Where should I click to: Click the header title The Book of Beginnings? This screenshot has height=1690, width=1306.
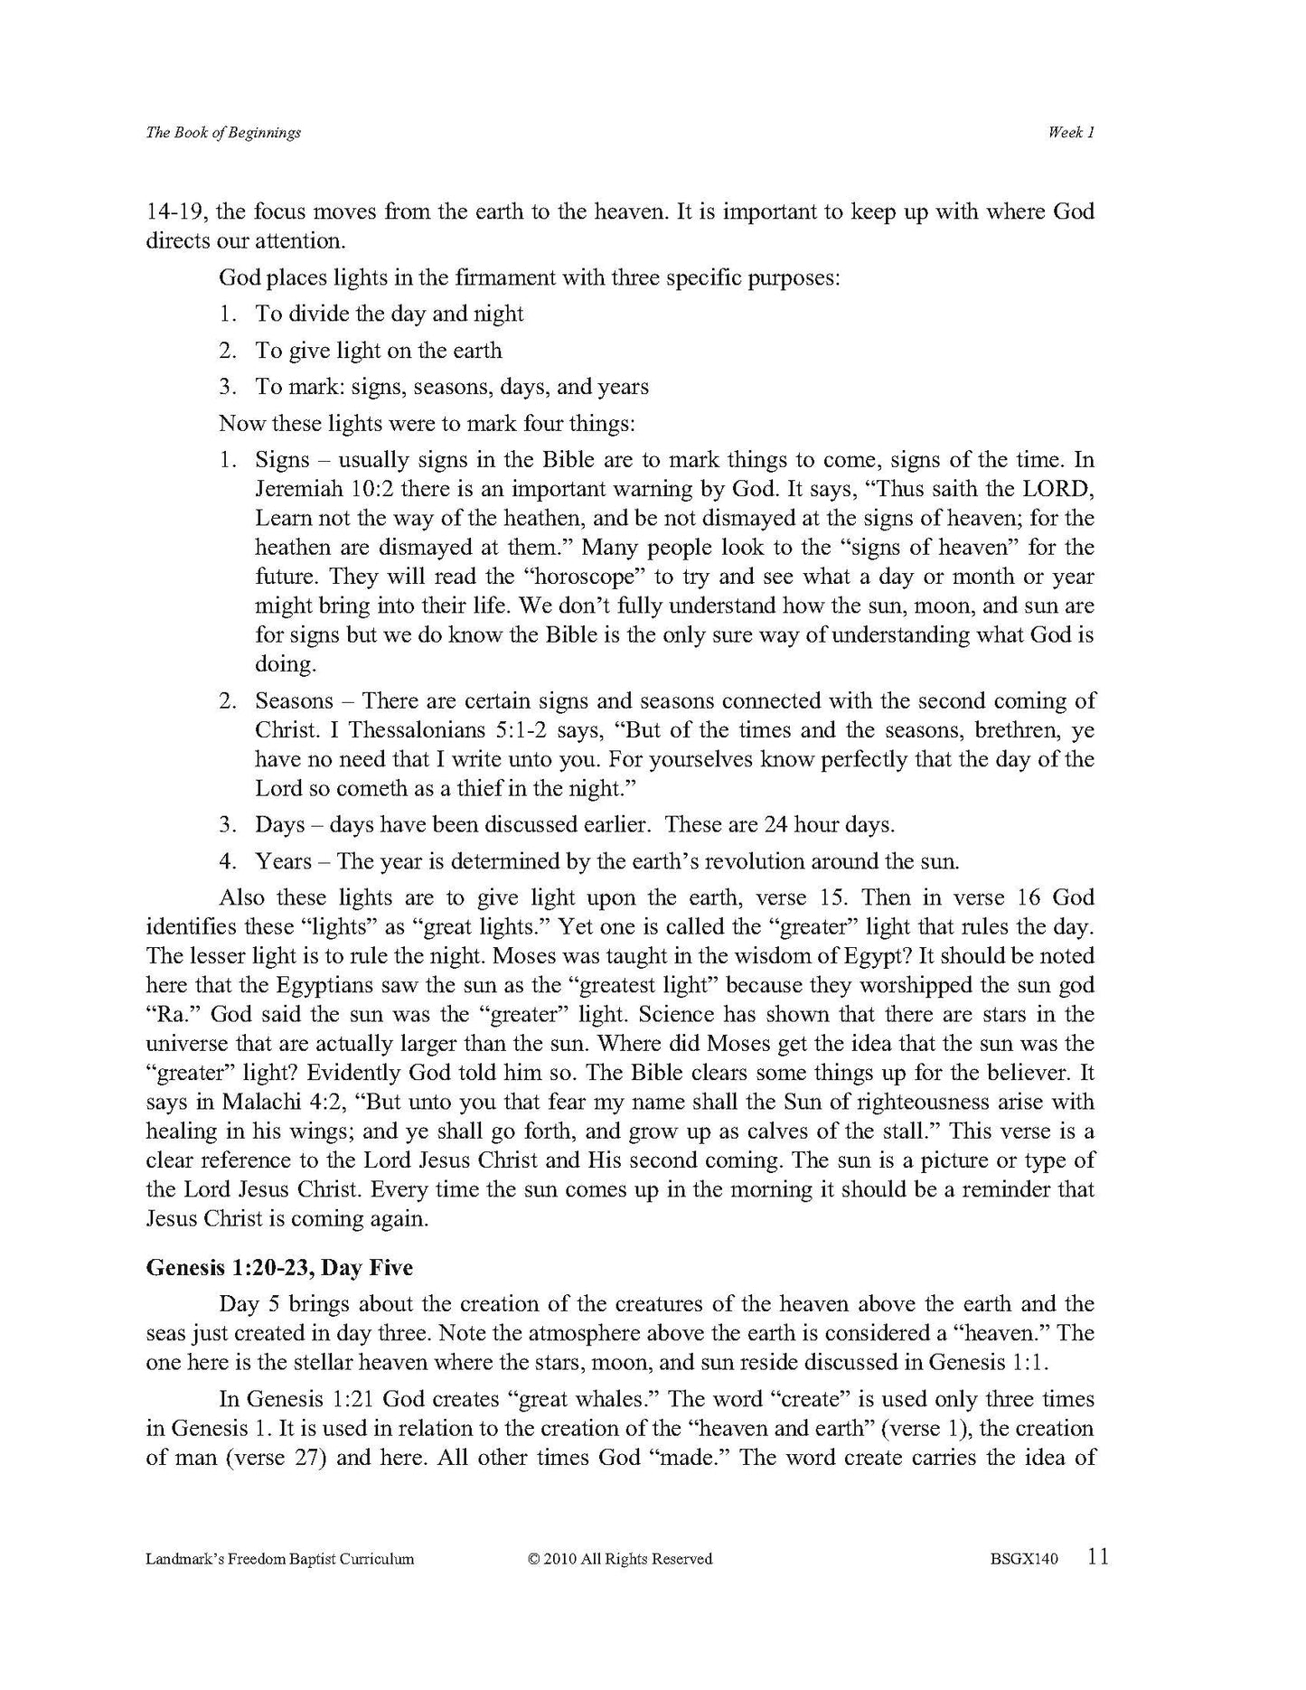point(223,133)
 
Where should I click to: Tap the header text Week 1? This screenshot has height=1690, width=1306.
point(1071,133)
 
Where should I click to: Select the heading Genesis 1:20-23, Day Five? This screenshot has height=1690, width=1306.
point(279,1267)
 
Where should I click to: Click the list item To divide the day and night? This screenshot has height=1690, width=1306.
point(389,314)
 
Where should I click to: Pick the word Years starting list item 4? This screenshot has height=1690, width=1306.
point(283,861)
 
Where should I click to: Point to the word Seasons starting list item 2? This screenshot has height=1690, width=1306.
point(294,700)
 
